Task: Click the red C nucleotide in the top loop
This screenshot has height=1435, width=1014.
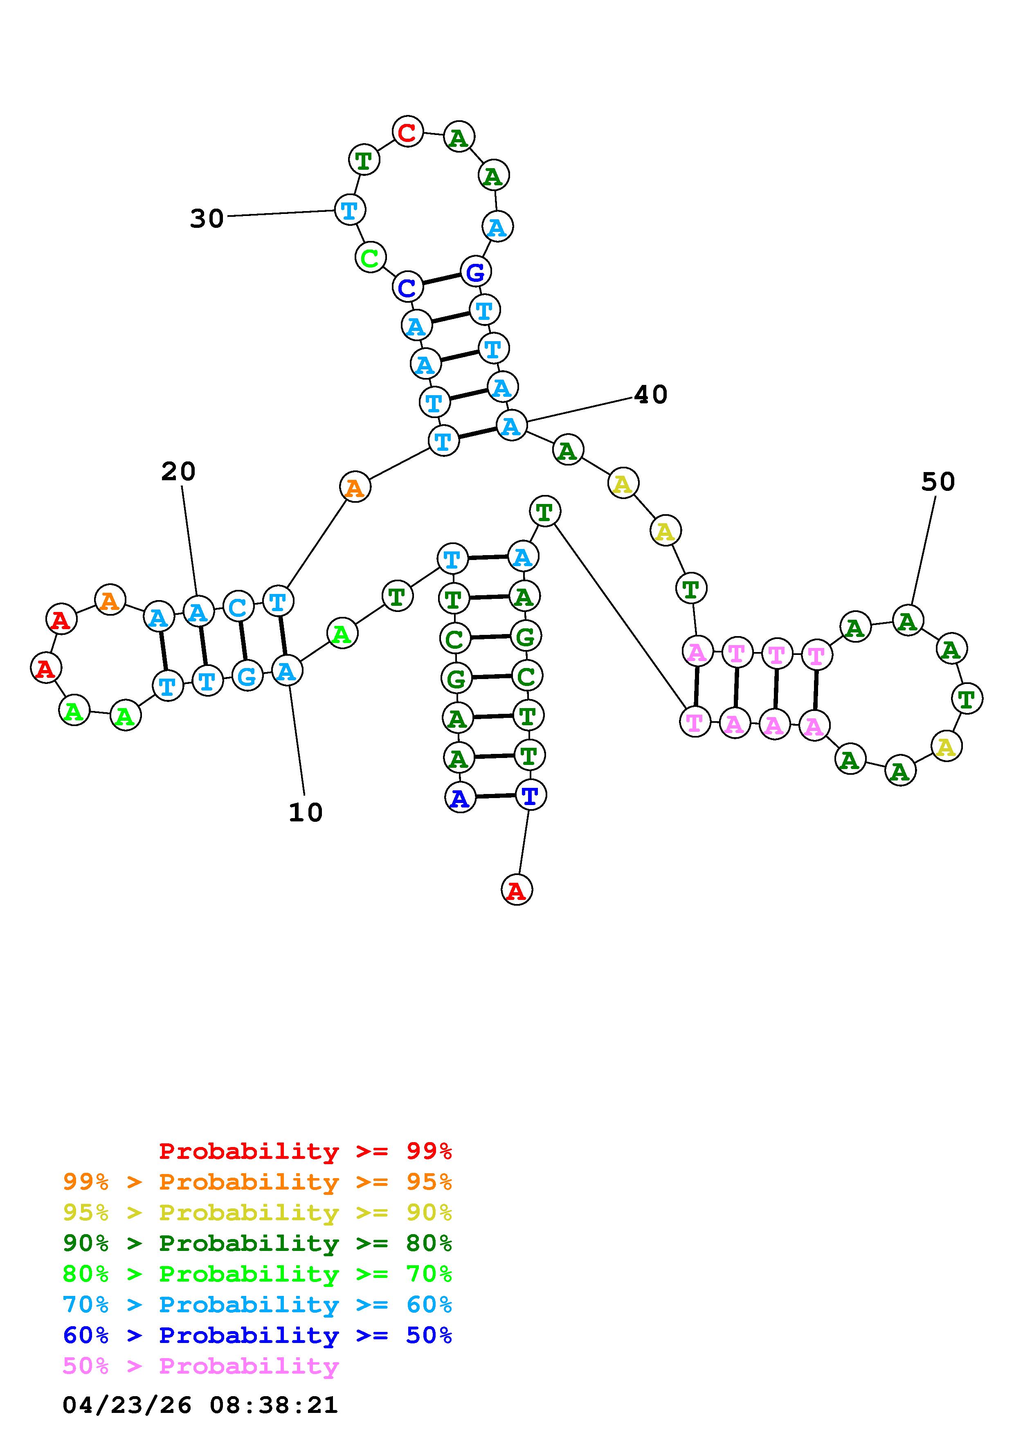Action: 407,132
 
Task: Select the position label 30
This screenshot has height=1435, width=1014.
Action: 207,219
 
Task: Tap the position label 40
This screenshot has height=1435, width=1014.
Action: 650,394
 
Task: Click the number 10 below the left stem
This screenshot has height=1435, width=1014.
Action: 306,812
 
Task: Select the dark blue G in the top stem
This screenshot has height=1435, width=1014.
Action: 475,272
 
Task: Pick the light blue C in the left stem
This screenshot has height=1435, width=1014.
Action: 238,606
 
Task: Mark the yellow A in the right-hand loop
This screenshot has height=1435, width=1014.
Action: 946,746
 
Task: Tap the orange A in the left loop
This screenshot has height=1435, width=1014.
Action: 110,600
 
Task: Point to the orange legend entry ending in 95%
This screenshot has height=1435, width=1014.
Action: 257,1182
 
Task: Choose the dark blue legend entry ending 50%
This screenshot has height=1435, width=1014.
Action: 257,1336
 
